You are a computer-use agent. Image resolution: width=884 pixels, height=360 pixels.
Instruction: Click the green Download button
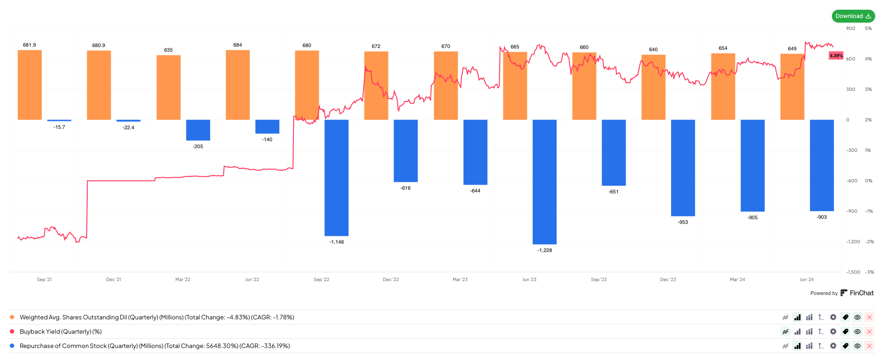click(x=853, y=16)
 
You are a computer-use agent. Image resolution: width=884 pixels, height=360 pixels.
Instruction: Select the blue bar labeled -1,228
click(x=544, y=182)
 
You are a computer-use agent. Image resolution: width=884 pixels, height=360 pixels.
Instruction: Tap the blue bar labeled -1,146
click(x=336, y=178)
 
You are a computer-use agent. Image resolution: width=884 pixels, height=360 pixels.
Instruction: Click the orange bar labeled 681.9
click(x=30, y=85)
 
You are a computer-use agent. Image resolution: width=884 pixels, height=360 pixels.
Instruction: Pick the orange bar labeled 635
click(x=168, y=88)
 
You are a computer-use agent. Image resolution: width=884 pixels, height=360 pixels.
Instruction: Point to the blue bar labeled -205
click(x=198, y=130)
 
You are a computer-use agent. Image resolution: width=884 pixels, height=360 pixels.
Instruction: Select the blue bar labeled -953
click(x=683, y=168)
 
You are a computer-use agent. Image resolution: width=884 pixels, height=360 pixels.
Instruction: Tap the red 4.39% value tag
click(x=836, y=56)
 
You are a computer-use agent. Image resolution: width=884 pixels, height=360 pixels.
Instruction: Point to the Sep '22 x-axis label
click(x=322, y=280)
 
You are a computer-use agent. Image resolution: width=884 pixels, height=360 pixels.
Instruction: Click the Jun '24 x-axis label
click(x=806, y=280)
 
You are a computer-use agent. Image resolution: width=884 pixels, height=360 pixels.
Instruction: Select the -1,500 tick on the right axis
click(x=853, y=272)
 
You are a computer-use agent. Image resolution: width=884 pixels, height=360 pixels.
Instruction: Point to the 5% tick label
click(x=868, y=29)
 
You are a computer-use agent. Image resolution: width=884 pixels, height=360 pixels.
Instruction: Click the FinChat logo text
click(x=861, y=293)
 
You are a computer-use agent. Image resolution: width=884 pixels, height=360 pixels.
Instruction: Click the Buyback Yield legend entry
click(x=60, y=332)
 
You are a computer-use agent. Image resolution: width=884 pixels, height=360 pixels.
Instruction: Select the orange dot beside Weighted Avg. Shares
click(x=12, y=317)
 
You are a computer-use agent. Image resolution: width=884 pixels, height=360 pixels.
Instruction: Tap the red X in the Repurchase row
click(x=869, y=346)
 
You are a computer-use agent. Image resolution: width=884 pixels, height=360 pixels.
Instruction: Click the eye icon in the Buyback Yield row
click(x=857, y=331)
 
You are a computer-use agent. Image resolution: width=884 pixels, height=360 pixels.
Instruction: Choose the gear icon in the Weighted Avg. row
click(x=833, y=317)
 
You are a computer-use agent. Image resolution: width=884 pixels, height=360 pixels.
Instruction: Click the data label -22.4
click(x=129, y=128)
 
